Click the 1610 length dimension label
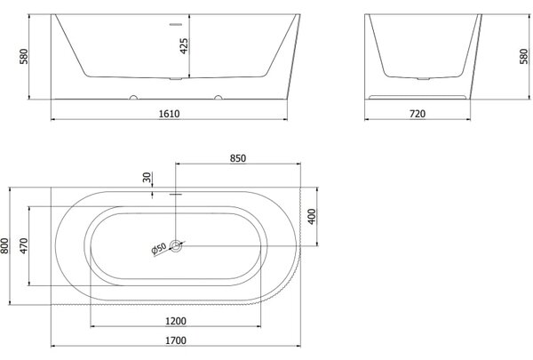[170, 114]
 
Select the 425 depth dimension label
[184, 46]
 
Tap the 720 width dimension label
[418, 114]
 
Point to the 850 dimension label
[238, 158]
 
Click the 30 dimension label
[147, 177]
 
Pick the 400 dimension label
[312, 216]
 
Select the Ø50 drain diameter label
[159, 249]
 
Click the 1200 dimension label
[176, 321]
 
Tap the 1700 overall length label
[176, 340]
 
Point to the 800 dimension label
[4, 245]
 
